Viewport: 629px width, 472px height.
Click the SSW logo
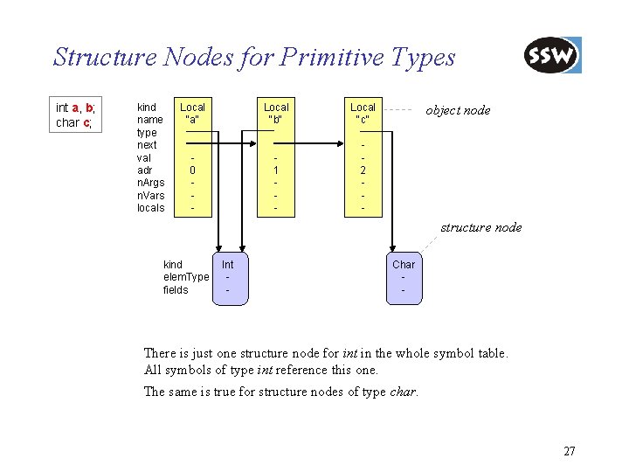[552, 56]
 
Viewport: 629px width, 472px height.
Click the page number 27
[570, 451]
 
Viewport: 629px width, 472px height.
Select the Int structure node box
[228, 276]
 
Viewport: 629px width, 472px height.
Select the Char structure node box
[404, 276]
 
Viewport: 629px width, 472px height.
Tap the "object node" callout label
[458, 110]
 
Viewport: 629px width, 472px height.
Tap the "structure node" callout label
[481, 227]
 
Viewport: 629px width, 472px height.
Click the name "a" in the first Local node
[192, 120]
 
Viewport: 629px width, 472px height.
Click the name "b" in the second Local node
[276, 120]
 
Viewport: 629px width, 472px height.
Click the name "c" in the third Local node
[363, 120]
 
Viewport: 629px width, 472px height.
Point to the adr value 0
[192, 170]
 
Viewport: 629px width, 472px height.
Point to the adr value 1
[276, 170]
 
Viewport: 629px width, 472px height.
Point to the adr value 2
[363, 170]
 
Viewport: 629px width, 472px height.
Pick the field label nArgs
[152, 183]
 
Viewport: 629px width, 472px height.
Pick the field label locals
[151, 208]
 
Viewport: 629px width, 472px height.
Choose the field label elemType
[186, 277]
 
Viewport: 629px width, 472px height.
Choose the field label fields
[176, 290]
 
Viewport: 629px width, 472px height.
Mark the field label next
[148, 145]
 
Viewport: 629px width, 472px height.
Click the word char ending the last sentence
[402, 392]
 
